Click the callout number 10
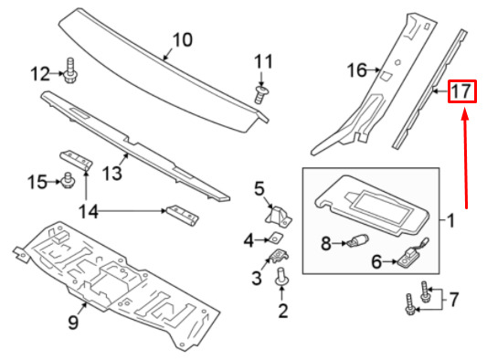(x=182, y=40)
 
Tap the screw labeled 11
(x=262, y=95)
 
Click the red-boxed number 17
(x=461, y=91)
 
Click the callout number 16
(x=357, y=70)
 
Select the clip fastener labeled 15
(x=68, y=180)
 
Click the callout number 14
(x=89, y=212)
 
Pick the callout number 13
(x=112, y=173)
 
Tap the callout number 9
(x=73, y=323)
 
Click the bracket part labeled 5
(x=279, y=215)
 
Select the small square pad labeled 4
(x=277, y=237)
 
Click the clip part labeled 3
(x=279, y=256)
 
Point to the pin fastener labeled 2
(x=282, y=277)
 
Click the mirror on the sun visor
(x=382, y=208)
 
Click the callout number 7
(x=454, y=300)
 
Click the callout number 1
(x=450, y=221)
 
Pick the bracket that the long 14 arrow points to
(x=183, y=215)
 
